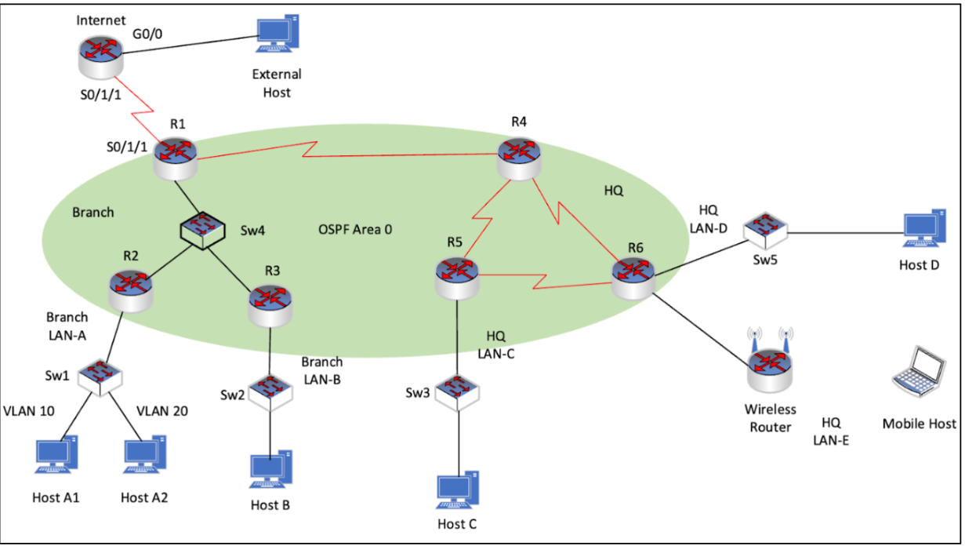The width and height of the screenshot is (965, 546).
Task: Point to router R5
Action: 456,277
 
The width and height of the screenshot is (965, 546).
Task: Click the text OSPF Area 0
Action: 354,230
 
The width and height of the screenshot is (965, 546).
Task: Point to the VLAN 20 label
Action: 162,410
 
